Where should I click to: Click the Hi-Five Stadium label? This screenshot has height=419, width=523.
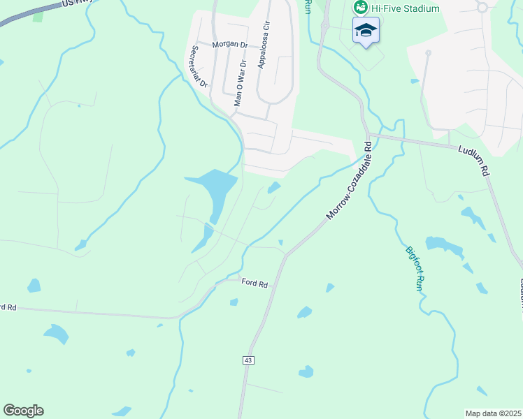point(406,8)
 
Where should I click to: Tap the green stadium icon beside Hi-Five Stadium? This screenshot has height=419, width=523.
point(361,8)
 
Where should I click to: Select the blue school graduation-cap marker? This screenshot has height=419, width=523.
point(366,30)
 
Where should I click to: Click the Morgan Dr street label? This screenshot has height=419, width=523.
point(230,45)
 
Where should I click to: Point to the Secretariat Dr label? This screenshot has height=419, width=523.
point(199,66)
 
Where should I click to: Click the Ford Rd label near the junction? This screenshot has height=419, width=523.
point(255,283)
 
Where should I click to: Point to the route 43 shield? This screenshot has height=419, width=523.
point(248,360)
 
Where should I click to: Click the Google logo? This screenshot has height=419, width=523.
point(23,411)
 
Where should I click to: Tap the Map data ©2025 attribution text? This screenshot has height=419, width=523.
point(492,413)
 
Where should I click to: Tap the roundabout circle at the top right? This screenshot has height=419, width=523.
point(481,7)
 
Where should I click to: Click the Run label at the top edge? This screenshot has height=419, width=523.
point(307,6)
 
